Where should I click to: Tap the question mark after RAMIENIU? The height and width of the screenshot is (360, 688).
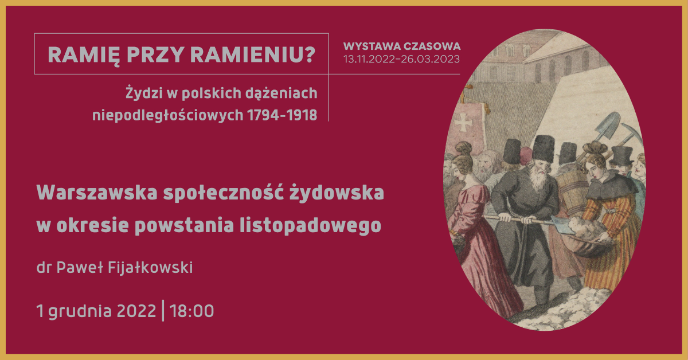click(310, 54)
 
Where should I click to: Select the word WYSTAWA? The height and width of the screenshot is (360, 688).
click(372, 46)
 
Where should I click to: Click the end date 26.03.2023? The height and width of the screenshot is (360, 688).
click(431, 59)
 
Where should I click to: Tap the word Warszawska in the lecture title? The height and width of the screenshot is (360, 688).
click(97, 193)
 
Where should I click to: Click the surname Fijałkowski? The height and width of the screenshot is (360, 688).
click(150, 268)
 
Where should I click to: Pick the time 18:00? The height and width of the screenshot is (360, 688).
click(191, 311)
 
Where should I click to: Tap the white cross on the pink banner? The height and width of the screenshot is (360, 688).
click(463, 123)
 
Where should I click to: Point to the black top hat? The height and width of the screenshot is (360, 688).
click(621, 155)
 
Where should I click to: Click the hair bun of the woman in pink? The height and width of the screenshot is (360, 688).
click(464, 149)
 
